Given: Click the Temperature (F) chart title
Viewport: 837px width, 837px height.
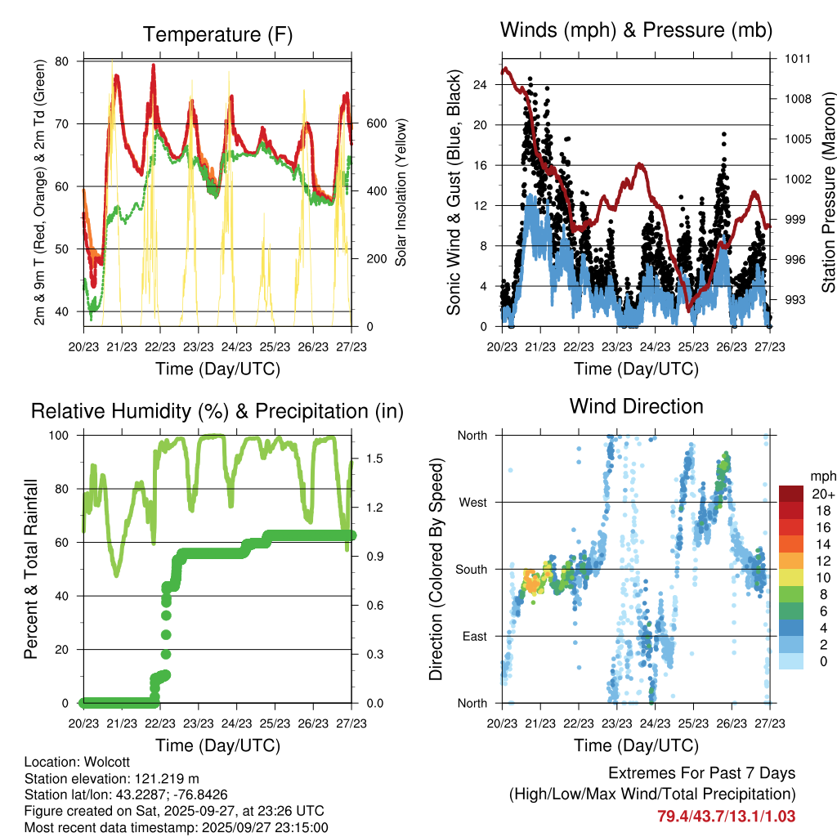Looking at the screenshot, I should tap(217, 34).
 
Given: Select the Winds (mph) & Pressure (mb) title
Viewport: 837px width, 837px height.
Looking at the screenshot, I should tap(636, 30).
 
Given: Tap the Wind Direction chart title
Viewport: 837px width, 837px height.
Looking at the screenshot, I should tap(636, 405).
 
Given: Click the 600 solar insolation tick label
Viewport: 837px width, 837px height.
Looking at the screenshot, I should tap(375, 123).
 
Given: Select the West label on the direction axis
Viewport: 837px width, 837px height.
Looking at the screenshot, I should tap(472, 502).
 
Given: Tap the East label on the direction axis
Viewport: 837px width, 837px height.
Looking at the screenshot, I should tap(473, 636).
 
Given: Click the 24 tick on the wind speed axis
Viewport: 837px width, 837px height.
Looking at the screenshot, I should tap(480, 84).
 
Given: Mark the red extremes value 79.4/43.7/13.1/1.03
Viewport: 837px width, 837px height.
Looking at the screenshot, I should tap(727, 816).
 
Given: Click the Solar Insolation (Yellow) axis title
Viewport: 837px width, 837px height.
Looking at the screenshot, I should tap(401, 193).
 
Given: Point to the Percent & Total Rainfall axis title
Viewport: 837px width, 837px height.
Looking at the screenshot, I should tap(30, 568).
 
